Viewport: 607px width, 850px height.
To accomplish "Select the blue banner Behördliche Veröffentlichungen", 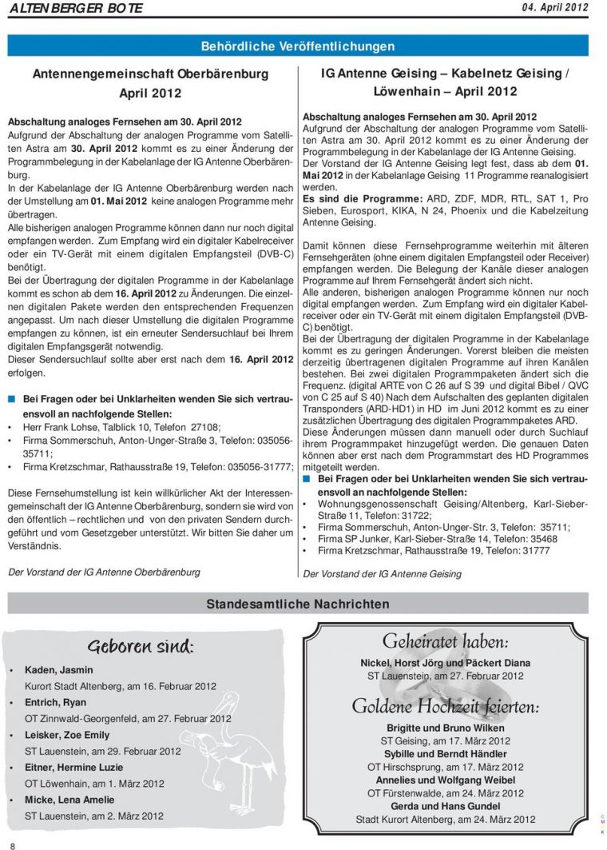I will click(297, 46).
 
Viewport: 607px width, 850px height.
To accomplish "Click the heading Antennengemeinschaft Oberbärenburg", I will click(150, 74).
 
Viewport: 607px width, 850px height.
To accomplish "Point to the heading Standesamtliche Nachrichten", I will click(297, 604).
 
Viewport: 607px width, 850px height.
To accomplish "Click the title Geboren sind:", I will click(141, 645).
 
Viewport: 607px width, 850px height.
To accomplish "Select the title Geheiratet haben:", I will click(445, 641).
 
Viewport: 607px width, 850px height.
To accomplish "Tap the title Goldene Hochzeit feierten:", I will click(445, 707).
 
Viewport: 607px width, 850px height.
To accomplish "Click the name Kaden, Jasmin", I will click(58, 670).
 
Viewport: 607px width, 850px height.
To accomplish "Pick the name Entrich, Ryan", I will click(56, 702).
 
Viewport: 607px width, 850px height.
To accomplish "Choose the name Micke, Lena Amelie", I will click(69, 800).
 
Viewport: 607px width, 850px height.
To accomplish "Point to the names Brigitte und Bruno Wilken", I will click(445, 728).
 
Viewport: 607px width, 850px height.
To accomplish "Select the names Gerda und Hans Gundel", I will click(445, 806).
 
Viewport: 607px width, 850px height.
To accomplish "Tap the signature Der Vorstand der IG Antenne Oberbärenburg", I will click(104, 572).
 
